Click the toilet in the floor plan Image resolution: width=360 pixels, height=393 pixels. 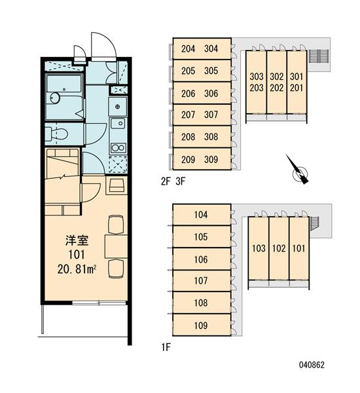[56, 134]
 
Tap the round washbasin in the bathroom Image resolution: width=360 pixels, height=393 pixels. [54, 98]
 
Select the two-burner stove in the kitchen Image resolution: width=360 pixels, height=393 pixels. [118, 147]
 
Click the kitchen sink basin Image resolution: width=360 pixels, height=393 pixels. [118, 123]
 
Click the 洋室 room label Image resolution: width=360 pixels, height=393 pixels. [77, 241]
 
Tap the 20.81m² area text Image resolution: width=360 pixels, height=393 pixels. [77, 269]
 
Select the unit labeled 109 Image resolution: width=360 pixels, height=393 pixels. [202, 325]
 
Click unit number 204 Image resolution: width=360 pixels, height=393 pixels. [188, 48]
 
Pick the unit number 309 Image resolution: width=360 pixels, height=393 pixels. [211, 159]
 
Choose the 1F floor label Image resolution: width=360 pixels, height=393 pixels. [166, 348]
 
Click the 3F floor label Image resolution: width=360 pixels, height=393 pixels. [181, 181]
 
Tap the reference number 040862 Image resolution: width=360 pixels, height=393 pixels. [312, 365]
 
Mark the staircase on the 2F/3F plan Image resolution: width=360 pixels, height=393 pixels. [319, 56]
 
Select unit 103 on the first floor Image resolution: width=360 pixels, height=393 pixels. [259, 248]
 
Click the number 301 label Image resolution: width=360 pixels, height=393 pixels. [297, 77]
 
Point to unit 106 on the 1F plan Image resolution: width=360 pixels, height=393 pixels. [202, 259]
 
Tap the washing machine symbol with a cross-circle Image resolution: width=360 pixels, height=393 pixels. [118, 107]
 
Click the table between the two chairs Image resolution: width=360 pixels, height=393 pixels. [116, 246]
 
